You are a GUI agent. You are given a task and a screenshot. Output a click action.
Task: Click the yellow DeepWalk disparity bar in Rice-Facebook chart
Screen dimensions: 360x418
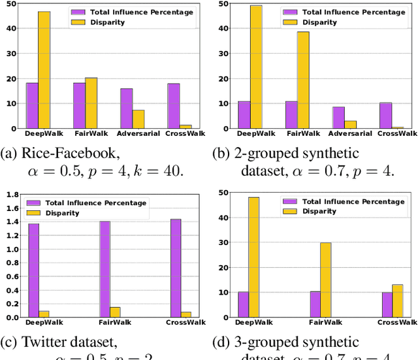click(x=44, y=70)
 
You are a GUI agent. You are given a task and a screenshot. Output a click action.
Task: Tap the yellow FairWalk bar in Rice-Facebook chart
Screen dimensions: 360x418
click(x=91, y=103)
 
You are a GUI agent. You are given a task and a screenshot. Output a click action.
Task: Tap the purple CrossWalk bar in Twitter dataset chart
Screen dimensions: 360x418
click(x=176, y=269)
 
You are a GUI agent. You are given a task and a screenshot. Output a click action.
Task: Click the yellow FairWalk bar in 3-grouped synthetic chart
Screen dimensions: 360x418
click(x=325, y=280)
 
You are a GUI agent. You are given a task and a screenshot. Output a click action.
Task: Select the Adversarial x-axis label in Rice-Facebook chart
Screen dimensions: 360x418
click(x=135, y=134)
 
